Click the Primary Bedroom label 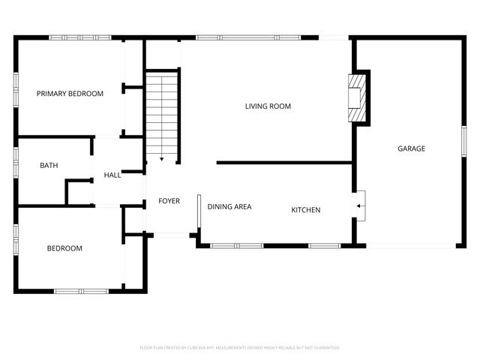pyautogui.click(x=70, y=94)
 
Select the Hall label pyautogui.click(x=112, y=175)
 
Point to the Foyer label pyautogui.click(x=169, y=201)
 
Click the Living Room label pyautogui.click(x=268, y=106)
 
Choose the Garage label pyautogui.click(x=411, y=148)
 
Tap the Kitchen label pyautogui.click(x=306, y=210)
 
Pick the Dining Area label pyautogui.click(x=229, y=207)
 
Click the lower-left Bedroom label pyautogui.click(x=64, y=248)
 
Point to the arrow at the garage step pyautogui.click(x=361, y=203)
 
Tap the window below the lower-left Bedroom pyautogui.click(x=81, y=291)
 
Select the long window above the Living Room pyautogui.click(x=247, y=37)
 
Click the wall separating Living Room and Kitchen pyautogui.click(x=284, y=162)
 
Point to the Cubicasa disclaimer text pyautogui.click(x=240, y=348)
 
